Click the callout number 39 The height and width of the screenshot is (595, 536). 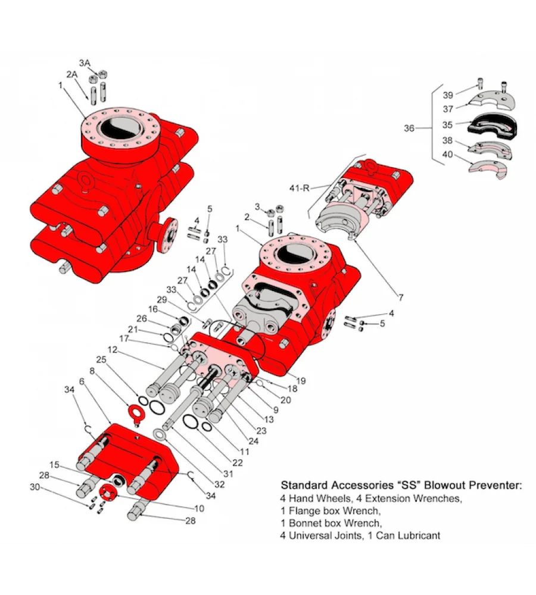[x=448, y=95]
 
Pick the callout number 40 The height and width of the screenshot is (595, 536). [x=448, y=154]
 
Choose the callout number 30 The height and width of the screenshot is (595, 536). [x=35, y=487]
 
